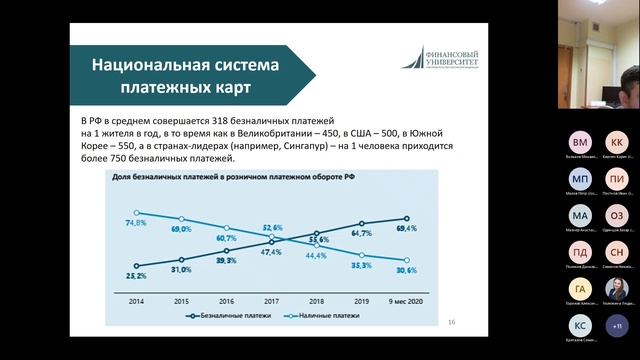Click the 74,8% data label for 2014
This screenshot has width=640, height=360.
tap(135, 224)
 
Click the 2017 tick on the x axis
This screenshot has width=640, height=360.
tap(271, 301)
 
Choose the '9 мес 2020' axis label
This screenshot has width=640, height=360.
tap(407, 301)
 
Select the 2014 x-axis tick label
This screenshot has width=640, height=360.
tap(135, 301)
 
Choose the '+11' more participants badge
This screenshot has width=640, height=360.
tap(617, 326)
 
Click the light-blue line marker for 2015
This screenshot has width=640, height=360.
tap(181, 220)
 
